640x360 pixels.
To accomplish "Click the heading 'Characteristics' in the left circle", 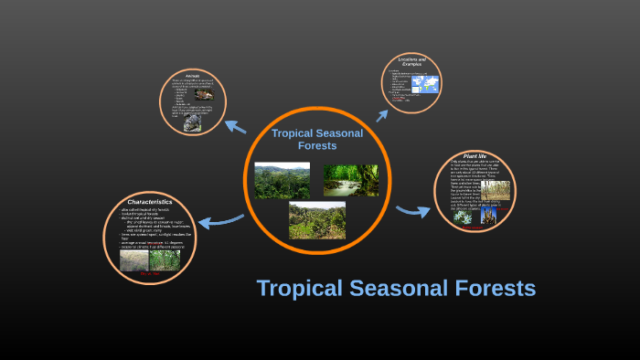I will (x=150, y=201).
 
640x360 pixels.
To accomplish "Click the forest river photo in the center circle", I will (x=350, y=180).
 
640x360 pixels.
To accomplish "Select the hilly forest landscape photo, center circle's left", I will (x=282, y=181).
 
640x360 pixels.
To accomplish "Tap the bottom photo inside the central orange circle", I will (x=316, y=220).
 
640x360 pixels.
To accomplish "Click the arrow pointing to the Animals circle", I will (x=236, y=130).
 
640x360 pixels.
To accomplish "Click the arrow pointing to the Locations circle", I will (x=382, y=112).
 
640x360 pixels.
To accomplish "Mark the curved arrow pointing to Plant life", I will (x=413, y=211).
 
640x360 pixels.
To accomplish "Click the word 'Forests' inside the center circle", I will (x=316, y=145).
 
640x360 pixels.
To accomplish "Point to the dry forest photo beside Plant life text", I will (x=496, y=189).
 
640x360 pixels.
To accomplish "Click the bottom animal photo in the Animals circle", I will (x=192, y=122).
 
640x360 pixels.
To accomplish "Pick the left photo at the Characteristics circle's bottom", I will (x=133, y=261).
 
